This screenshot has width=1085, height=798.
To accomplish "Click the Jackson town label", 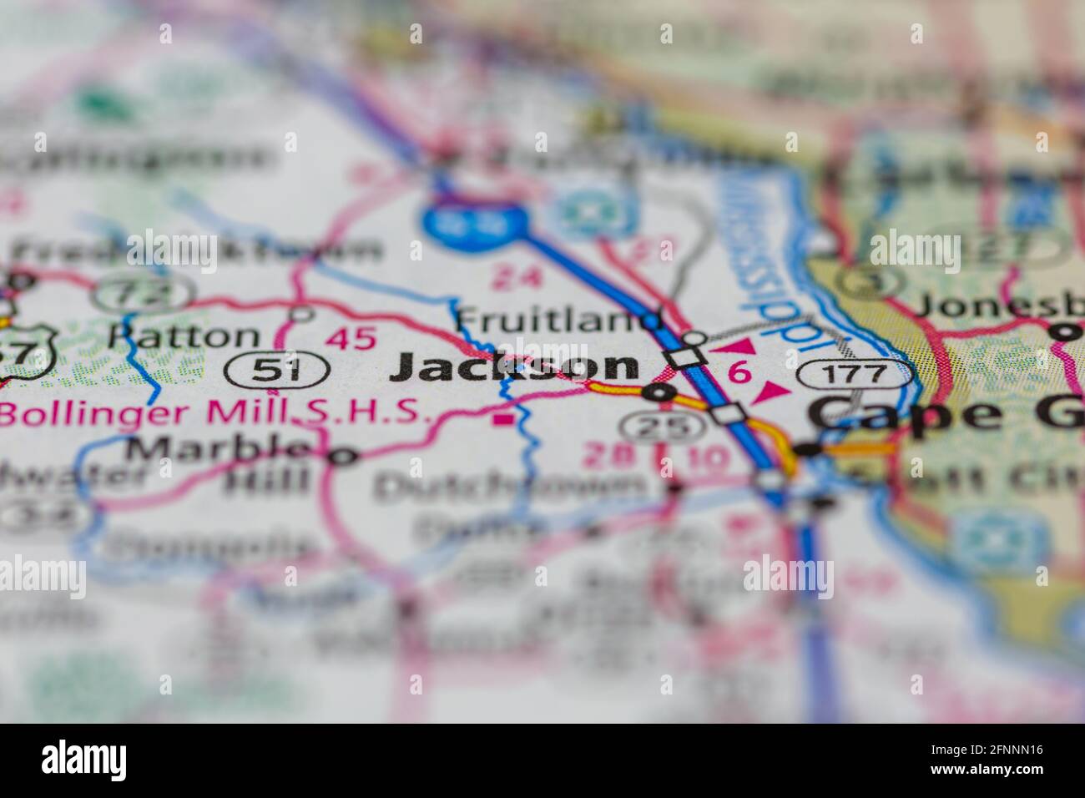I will click(515, 366).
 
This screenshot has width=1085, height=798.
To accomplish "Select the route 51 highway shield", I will click(276, 369).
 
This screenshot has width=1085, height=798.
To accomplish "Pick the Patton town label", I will click(184, 336).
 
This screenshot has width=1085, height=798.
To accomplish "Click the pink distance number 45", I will click(351, 338).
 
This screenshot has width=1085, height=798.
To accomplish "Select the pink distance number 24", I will click(515, 278).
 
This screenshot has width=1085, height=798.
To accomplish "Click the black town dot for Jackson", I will click(662, 391).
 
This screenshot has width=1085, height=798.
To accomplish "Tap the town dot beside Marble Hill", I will click(341, 456).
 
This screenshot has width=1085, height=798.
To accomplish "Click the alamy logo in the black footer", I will click(85, 760).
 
